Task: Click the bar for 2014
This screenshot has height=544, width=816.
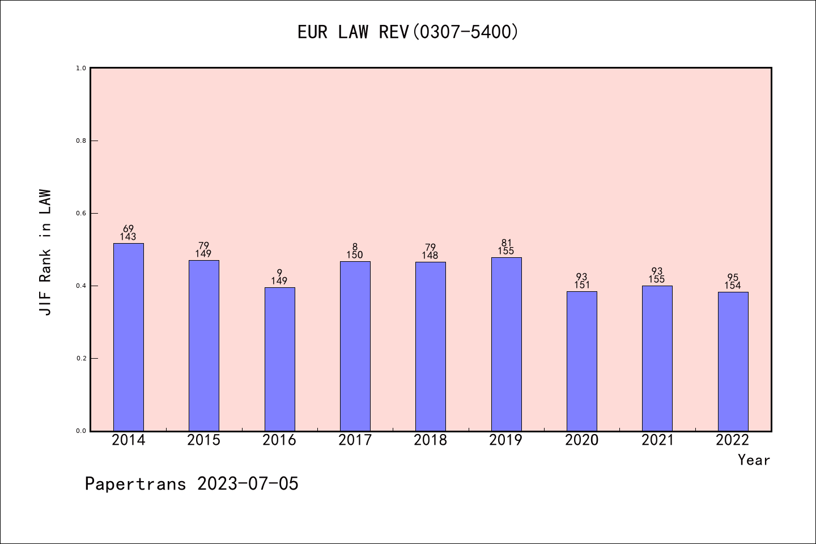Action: [129, 337]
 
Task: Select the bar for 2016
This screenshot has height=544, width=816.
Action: [279, 359]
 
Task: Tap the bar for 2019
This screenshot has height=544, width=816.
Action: [506, 344]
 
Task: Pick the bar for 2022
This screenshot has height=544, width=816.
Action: [733, 362]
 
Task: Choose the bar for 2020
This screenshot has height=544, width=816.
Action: [581, 361]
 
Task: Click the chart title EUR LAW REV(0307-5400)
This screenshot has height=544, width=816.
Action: [408, 32]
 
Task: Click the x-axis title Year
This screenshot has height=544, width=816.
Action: [754, 460]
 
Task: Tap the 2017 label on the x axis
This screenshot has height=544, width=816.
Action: [355, 440]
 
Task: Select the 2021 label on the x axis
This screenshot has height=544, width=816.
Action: [657, 440]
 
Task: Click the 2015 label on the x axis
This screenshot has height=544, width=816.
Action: [203, 440]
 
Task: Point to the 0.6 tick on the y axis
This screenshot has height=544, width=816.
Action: [81, 213]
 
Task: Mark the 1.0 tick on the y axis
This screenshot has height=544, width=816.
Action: [81, 68]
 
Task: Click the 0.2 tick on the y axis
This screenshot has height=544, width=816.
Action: [81, 358]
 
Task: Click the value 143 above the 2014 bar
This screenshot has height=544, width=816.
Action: [128, 237]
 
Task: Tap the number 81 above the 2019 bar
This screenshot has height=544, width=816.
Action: [506, 243]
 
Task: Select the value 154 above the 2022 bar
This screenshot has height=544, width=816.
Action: [733, 286]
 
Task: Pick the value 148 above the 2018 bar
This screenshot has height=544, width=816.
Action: [430, 256]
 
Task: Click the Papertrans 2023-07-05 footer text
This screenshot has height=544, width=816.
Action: [192, 484]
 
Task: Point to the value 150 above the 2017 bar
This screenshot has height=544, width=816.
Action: [355, 255]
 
